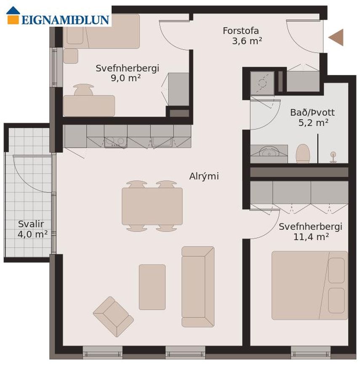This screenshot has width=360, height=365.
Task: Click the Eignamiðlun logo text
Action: (x=65, y=20)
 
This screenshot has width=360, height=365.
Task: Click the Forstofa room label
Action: (x=241, y=31)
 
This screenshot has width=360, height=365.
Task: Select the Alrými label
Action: (x=204, y=176)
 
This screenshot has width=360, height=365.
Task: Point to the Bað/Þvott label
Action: (x=312, y=113)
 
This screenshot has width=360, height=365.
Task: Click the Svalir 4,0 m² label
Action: (x=32, y=229)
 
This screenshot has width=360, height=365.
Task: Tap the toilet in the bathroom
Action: (x=303, y=153)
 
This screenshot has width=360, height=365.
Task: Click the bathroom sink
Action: (x=269, y=152)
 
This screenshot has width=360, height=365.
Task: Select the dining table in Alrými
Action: (x=152, y=206)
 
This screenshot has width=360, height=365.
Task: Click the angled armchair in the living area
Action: (x=113, y=316)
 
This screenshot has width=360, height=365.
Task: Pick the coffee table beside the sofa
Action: (x=152, y=287)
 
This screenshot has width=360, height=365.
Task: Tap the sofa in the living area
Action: (x=198, y=287)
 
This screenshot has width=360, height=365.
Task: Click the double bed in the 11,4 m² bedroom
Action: (x=310, y=285)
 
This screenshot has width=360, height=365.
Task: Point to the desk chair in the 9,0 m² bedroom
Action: (x=84, y=90)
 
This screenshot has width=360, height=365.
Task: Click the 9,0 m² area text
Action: (x=126, y=78)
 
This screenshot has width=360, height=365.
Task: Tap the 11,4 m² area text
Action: (x=311, y=237)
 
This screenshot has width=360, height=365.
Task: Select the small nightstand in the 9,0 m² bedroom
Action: (x=71, y=56)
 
